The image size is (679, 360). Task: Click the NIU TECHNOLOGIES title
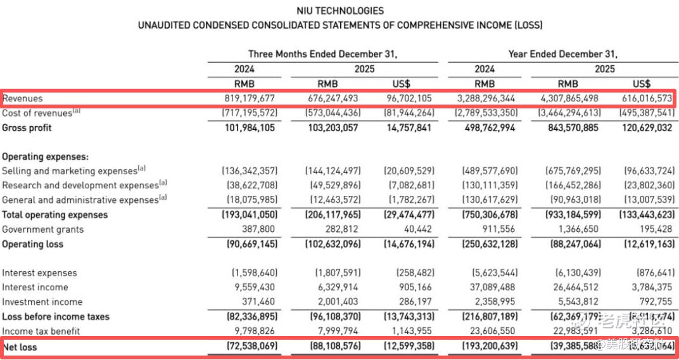coord(339,11)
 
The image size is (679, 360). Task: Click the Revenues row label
coord(23,98)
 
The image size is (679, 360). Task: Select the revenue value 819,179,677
coord(250,98)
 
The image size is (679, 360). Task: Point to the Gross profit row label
coord(27,127)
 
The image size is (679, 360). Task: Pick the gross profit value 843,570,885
coord(569,127)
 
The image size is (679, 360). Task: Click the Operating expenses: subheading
coord(45,157)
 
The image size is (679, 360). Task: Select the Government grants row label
coord(43,229)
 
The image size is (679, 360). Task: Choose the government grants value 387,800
coord(260,229)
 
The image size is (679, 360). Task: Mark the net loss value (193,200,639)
coord(490,347)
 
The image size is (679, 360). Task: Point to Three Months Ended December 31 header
coord(323,54)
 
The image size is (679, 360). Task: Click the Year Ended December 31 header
coord(562,54)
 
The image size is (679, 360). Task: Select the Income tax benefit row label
coord(41,331)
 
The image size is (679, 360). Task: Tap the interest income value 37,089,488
coord(493,288)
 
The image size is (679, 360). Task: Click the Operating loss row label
coord(32,244)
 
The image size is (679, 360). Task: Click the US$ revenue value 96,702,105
coord(410,98)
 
